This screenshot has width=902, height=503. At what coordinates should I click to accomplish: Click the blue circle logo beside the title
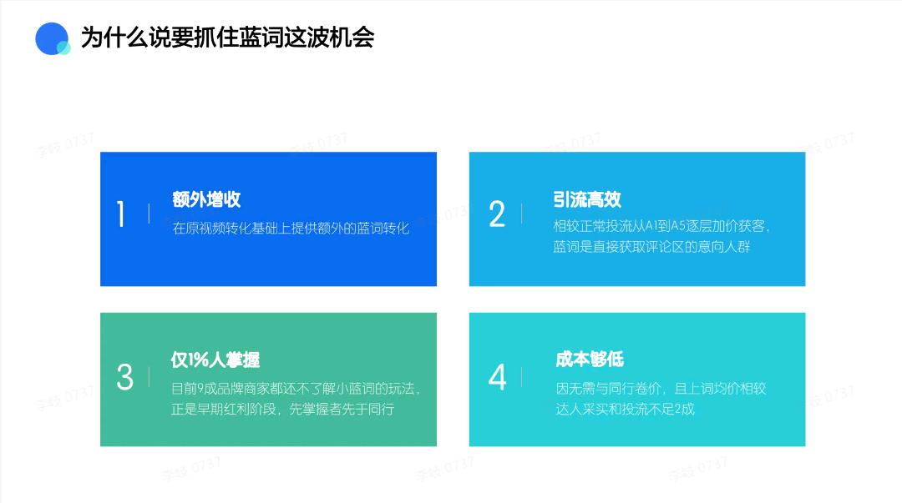coord(52,38)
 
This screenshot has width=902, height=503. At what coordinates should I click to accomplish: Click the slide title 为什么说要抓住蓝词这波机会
coord(227,38)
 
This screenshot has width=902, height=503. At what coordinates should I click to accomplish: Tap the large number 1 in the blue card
coord(121,215)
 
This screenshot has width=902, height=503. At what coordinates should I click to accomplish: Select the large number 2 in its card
coord(497,214)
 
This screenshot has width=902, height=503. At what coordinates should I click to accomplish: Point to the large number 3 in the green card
coord(124,377)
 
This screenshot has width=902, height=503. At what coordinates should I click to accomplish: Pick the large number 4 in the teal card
coord(497,377)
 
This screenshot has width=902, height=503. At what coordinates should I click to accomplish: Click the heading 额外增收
coord(206,199)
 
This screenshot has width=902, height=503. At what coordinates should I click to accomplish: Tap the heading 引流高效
coord(587,199)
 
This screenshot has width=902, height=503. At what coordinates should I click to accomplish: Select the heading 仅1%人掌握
coord(215,360)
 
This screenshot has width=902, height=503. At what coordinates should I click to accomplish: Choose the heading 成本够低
coord(590,360)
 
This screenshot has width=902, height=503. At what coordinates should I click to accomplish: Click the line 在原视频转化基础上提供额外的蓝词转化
coord(291,228)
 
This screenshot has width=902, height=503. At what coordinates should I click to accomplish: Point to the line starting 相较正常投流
coord(661,226)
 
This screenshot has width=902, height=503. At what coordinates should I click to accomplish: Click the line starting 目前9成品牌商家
coord(296,388)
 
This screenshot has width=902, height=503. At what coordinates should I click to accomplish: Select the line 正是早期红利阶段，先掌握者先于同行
coord(282,409)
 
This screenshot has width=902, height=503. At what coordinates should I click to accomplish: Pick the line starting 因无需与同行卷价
coord(661,388)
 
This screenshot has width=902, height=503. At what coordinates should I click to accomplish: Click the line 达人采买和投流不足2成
coord(626,409)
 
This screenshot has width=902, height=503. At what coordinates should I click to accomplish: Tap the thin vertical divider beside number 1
coord(149,214)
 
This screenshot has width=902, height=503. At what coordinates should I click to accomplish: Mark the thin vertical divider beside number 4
coord(521,377)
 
